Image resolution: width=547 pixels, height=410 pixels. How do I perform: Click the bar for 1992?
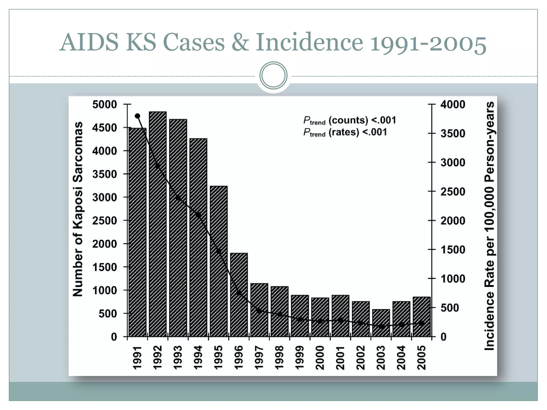point(158,224)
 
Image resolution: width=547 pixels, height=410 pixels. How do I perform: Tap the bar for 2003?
point(381,323)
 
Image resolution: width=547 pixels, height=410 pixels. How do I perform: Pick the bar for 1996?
point(239,295)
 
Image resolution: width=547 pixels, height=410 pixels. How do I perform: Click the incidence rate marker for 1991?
point(138,116)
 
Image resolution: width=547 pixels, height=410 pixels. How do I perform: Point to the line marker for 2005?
point(422,323)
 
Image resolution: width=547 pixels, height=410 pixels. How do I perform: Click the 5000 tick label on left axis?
point(105,104)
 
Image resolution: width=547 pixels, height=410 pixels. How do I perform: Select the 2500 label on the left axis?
point(105,221)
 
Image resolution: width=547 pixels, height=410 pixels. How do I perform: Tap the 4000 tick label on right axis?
point(453,104)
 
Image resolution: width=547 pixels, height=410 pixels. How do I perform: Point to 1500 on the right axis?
point(453,250)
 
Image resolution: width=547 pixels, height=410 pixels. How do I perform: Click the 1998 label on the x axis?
point(279,358)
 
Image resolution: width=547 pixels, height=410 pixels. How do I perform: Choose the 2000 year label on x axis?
point(320,358)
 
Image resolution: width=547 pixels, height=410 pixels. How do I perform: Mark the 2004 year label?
point(401,358)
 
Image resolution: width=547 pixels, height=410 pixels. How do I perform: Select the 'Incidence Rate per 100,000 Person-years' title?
point(489,226)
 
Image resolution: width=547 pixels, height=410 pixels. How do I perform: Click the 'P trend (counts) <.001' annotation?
point(350,121)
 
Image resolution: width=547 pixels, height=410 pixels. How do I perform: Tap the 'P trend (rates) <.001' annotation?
point(345,132)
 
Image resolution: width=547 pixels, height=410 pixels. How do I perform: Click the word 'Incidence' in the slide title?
point(309,42)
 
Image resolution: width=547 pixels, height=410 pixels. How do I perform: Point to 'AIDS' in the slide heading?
point(89,42)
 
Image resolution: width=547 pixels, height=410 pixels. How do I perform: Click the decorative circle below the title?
point(273,76)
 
